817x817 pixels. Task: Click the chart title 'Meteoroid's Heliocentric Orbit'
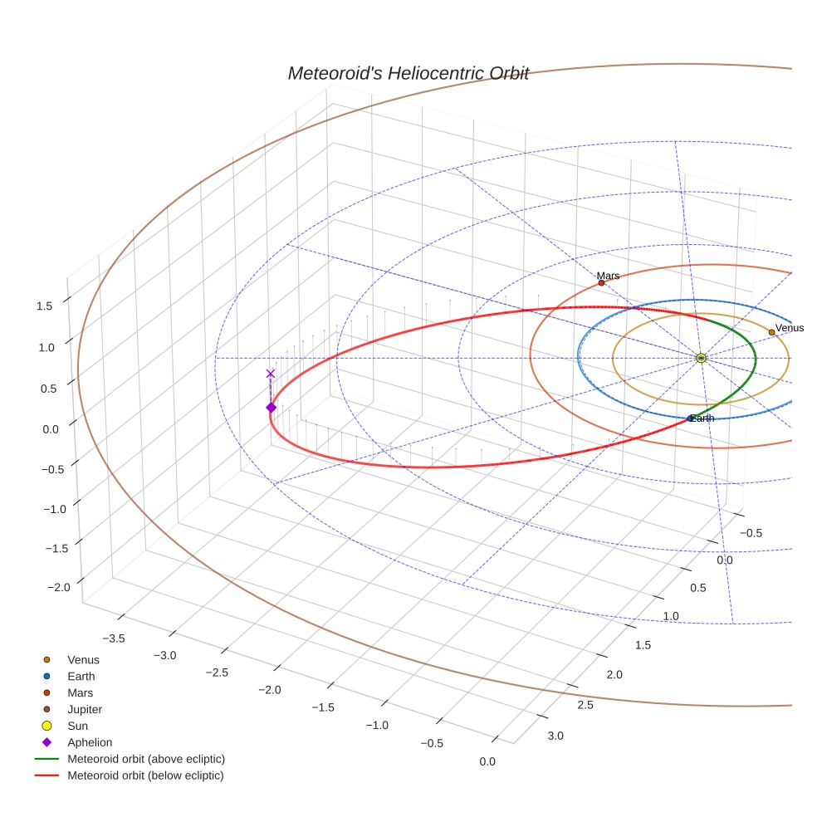[x=408, y=73]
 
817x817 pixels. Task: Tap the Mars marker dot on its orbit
[x=601, y=283]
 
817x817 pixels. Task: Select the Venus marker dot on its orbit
[x=771, y=332]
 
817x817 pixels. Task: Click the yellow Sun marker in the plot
[x=701, y=358]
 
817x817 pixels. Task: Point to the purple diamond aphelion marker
[x=271, y=407]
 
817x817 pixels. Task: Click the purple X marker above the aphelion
[x=270, y=374]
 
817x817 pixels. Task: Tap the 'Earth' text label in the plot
[x=702, y=418]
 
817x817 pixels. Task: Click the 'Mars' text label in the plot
[x=608, y=276]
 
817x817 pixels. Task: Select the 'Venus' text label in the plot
[x=789, y=328]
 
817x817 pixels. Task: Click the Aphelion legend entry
[x=90, y=742]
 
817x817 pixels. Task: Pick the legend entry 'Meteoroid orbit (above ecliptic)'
[x=146, y=759]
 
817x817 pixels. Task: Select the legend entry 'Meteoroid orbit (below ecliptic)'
[x=145, y=775]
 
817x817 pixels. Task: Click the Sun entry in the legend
[x=77, y=726]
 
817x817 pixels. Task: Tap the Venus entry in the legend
[x=83, y=659]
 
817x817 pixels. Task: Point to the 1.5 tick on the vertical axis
[x=45, y=306]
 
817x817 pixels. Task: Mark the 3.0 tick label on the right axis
[x=555, y=736]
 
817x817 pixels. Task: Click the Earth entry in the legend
[x=81, y=676]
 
